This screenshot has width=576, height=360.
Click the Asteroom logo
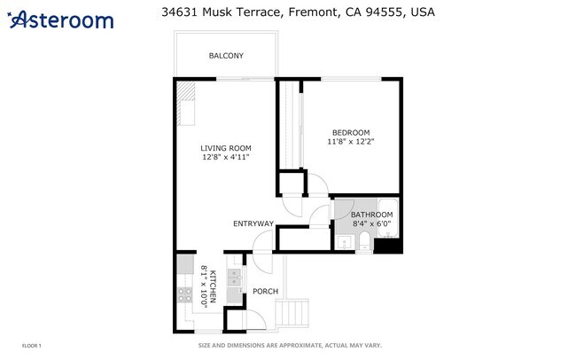click(x=60, y=20)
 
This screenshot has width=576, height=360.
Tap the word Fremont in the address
click(x=312, y=12)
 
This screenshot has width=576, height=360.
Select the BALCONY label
click(x=226, y=56)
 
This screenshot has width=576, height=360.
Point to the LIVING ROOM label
click(x=226, y=148)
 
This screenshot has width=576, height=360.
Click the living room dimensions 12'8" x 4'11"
click(x=226, y=157)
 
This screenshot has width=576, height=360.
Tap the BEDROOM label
click(x=351, y=132)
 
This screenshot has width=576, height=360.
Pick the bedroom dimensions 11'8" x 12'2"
click(x=351, y=141)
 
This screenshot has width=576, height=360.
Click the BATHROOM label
click(x=372, y=215)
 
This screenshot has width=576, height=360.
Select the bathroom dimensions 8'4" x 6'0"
click(x=372, y=223)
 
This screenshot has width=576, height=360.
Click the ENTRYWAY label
click(x=253, y=223)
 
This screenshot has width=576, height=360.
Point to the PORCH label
click(x=265, y=291)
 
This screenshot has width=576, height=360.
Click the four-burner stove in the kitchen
click(x=185, y=294)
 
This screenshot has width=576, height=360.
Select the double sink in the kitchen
click(x=234, y=278)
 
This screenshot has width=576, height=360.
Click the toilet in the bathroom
click(x=365, y=241)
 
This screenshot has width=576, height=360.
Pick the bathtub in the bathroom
click(x=388, y=218)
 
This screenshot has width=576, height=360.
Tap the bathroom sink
click(x=344, y=243)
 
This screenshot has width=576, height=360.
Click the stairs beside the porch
click(x=292, y=313)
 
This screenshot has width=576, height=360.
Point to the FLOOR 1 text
click(x=32, y=346)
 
